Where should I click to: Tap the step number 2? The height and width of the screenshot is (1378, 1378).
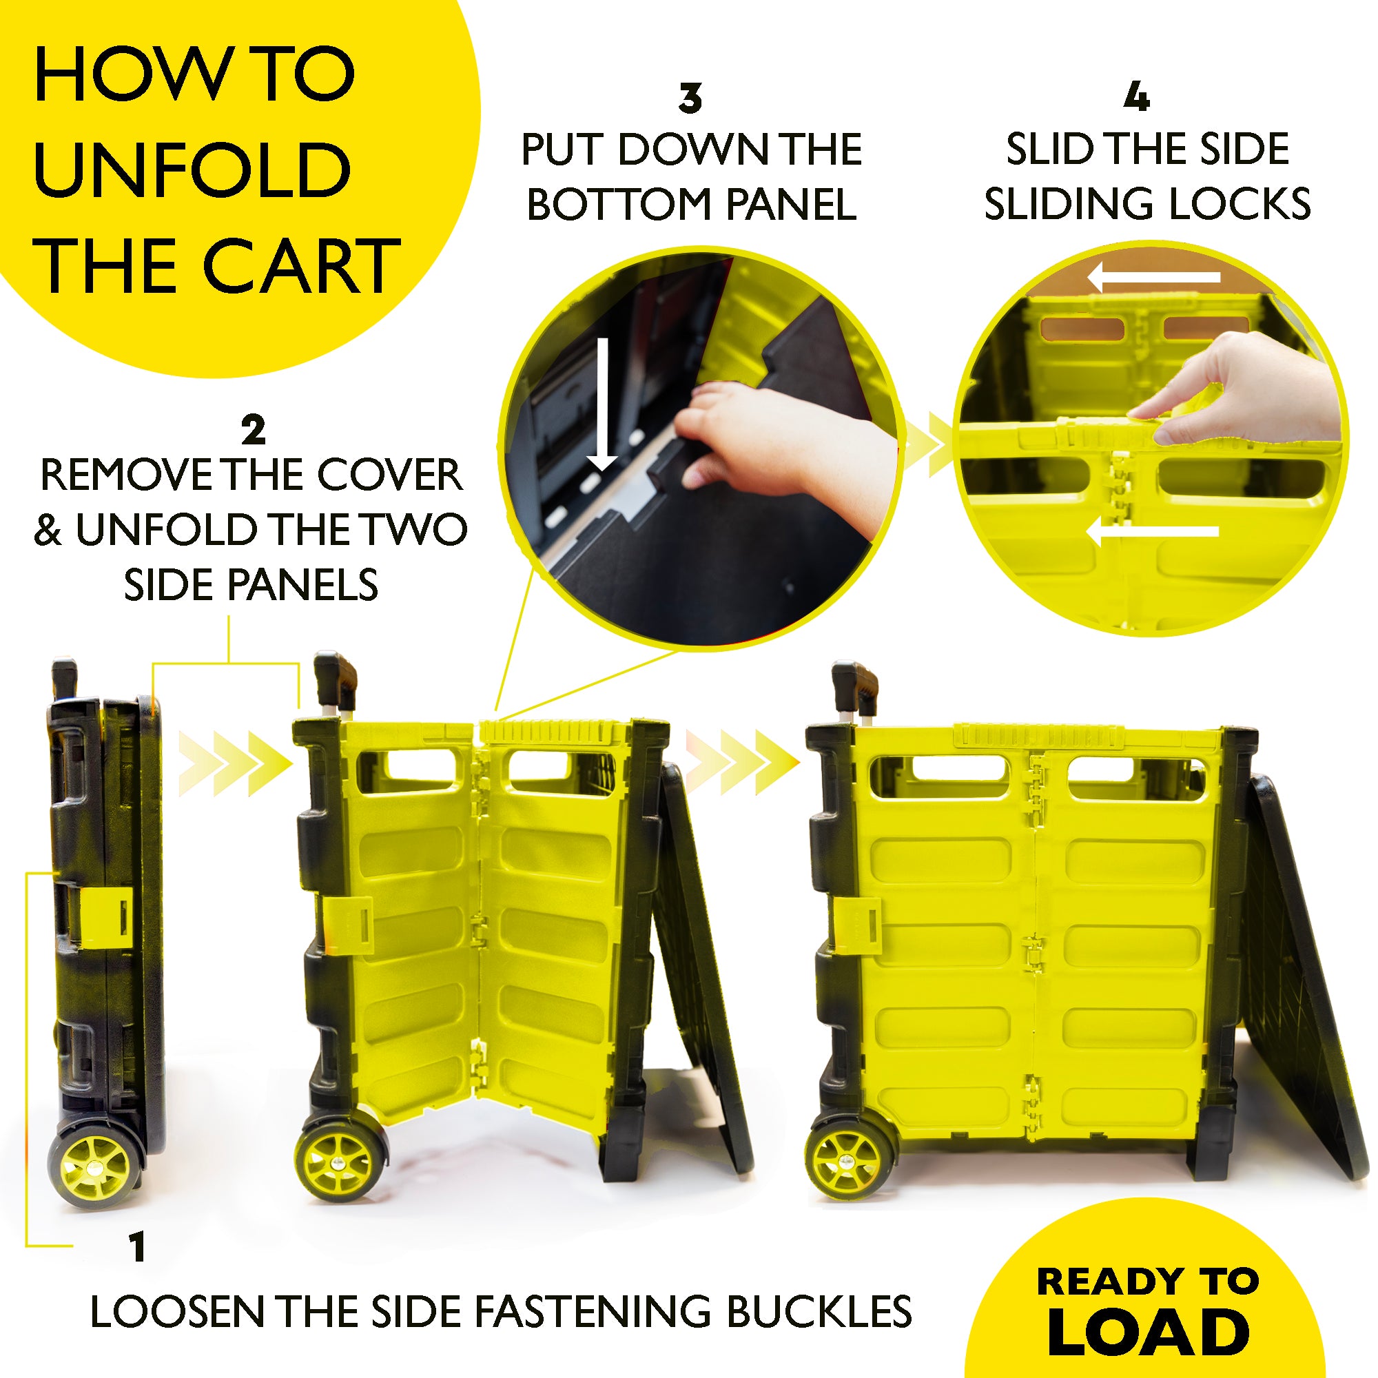[253, 429]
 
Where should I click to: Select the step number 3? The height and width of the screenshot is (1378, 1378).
[690, 99]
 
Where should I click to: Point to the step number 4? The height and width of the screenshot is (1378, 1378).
[1136, 96]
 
